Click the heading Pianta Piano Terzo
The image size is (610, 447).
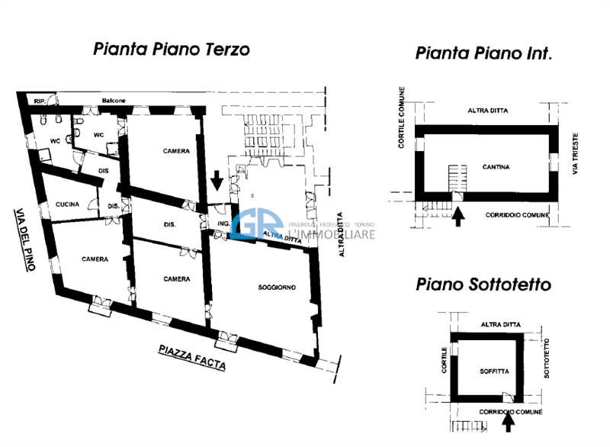coord(172,49)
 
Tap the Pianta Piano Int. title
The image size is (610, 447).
coord(483,53)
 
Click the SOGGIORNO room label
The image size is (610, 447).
coord(276,286)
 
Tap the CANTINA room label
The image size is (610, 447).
coord(496,166)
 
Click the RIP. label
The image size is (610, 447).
coord(38,100)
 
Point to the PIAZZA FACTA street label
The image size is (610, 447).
coord(192,357)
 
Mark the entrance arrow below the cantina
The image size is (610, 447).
coord(458,217)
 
